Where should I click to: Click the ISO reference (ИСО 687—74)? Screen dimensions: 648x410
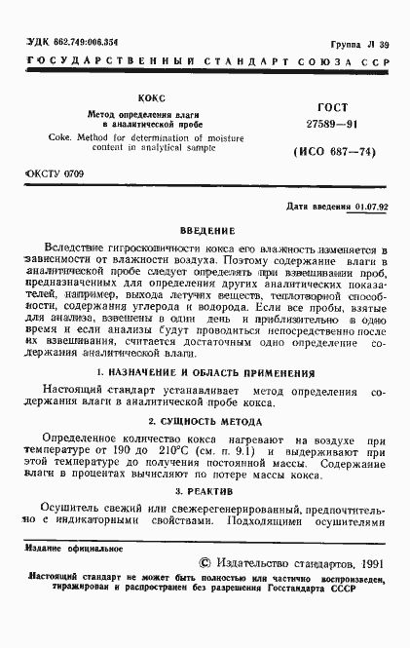click(328, 154)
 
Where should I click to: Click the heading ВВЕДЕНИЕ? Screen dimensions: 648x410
click(205, 231)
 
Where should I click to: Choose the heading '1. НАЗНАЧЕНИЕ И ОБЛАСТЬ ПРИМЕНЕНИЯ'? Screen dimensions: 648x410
click(205, 373)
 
